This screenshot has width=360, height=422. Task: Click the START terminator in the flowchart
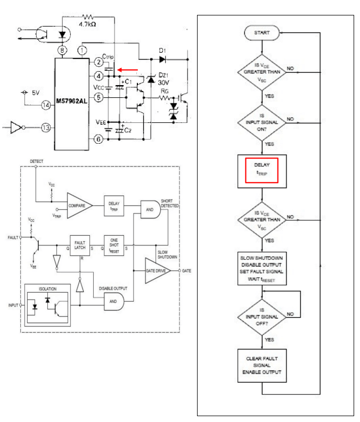[261, 32]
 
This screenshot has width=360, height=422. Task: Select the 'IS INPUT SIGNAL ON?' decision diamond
[261, 122]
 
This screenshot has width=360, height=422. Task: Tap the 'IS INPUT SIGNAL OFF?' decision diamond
[261, 313]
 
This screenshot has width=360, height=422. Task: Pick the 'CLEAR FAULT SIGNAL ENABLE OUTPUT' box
[261, 365]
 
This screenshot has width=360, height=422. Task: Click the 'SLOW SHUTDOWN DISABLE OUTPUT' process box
[261, 268]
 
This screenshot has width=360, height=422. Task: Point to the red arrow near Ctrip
[128, 69]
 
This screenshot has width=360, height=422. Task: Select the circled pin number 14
[47, 105]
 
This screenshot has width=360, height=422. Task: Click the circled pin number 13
[47, 128]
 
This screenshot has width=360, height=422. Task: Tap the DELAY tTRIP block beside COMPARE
[113, 205]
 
